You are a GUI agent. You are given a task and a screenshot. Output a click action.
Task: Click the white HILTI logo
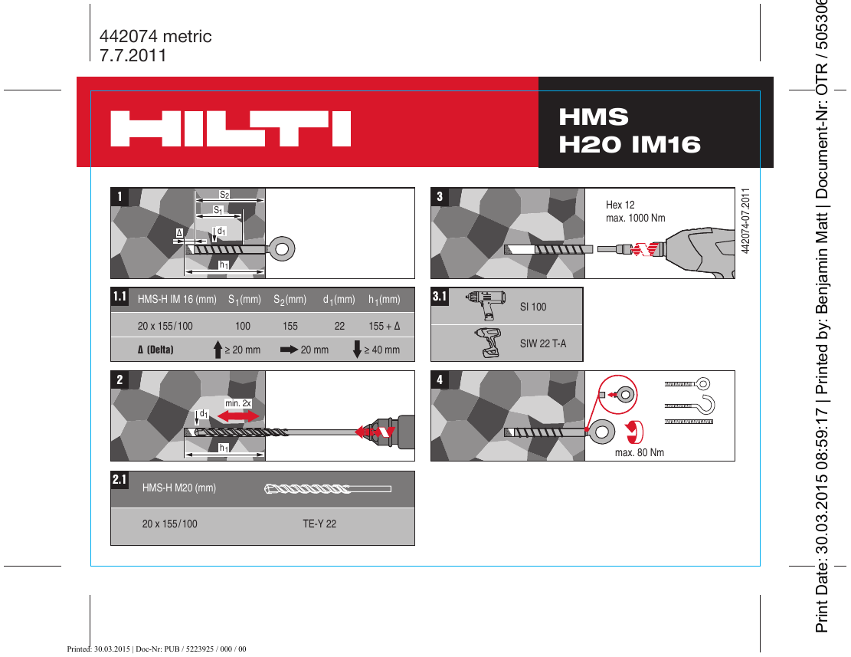tap(231, 129)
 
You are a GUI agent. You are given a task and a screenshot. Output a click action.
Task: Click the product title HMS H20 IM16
tap(630, 130)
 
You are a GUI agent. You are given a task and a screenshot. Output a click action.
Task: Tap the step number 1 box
tap(119, 196)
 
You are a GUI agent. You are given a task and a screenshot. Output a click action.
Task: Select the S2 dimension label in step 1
tap(224, 195)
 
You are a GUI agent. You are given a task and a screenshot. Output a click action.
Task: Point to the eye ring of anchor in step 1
tap(282, 248)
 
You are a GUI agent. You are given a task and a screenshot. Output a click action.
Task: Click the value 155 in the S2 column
tap(290, 326)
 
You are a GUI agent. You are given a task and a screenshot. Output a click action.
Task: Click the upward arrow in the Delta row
tap(218, 349)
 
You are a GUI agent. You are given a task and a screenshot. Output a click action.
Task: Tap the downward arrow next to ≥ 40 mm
tap(356, 349)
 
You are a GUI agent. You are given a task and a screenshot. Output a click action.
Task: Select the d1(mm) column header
tap(339, 299)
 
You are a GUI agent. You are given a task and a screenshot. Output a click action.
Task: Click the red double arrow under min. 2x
tap(238, 415)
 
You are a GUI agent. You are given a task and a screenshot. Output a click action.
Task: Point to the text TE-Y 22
tap(319, 524)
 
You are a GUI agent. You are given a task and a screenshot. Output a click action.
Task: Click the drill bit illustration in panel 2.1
tap(327, 488)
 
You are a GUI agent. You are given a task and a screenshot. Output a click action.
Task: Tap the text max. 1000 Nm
tap(635, 218)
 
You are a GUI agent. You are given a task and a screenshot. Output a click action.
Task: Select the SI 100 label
tap(533, 307)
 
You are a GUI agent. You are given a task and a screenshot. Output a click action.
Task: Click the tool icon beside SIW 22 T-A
tap(486, 343)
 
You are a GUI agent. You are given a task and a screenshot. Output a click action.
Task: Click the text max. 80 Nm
tap(639, 452)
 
